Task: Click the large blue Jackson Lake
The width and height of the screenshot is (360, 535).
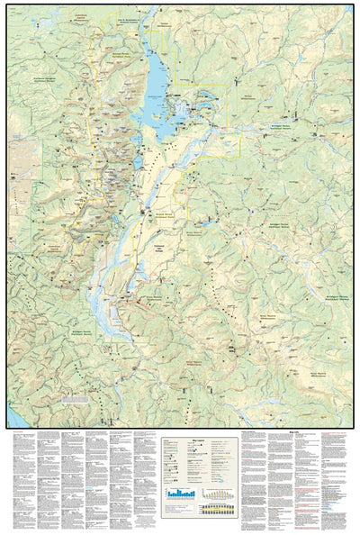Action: (x=156, y=86)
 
